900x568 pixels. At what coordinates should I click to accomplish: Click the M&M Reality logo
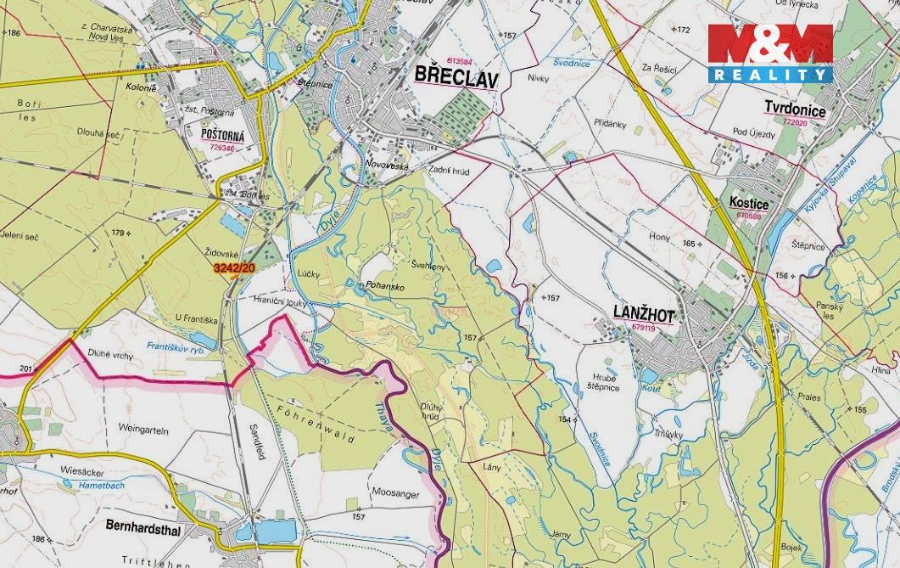(770, 53)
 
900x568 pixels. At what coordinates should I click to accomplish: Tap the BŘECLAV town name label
(457, 77)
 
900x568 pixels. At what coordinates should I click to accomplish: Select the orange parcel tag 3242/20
(233, 268)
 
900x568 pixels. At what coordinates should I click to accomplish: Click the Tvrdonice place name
(795, 109)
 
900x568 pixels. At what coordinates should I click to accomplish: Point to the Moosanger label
(395, 492)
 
